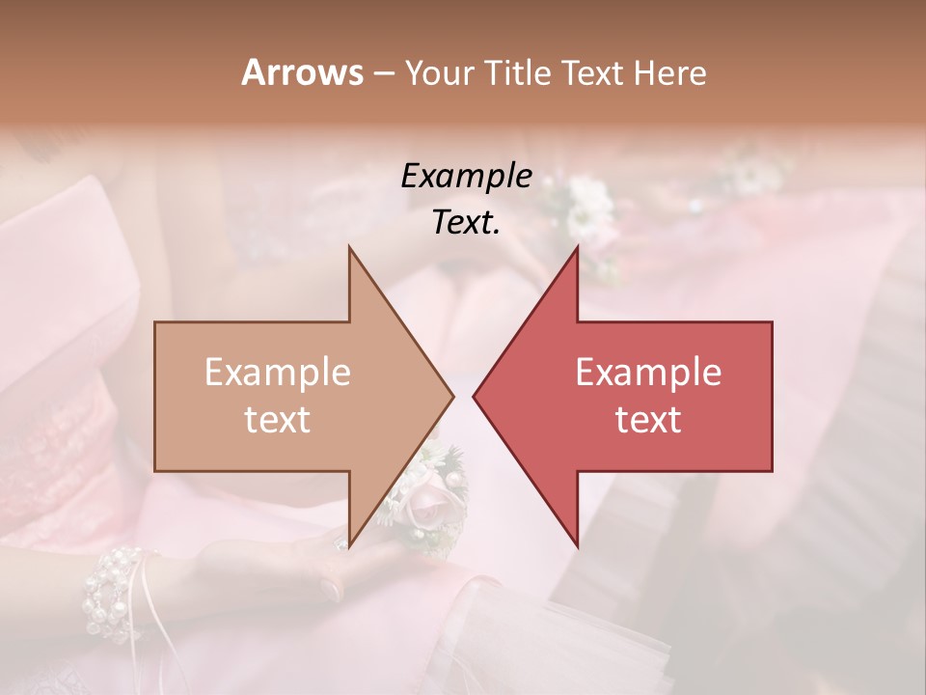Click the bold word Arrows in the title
click(x=302, y=72)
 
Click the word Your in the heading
click(x=440, y=72)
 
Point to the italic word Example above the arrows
click(x=466, y=177)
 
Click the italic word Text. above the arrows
click(x=466, y=223)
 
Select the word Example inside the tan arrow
click(x=278, y=373)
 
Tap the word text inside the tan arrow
click(x=278, y=420)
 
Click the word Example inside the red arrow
click(x=648, y=373)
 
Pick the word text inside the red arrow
click(x=648, y=420)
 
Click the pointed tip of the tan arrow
click(x=451, y=396)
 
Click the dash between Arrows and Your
click(x=383, y=73)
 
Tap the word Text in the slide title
click(x=594, y=72)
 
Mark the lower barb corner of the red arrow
click(x=577, y=544)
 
